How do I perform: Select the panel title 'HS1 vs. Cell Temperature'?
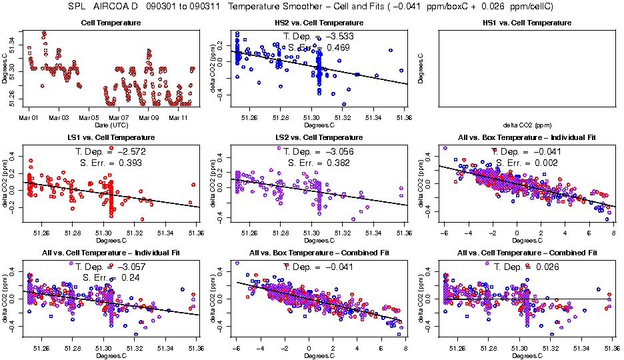click(x=527, y=23)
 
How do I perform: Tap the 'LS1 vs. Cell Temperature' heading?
click(x=111, y=137)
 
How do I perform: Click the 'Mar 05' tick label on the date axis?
click(x=89, y=118)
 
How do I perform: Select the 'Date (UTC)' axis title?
click(x=111, y=125)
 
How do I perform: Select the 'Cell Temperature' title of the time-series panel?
click(x=111, y=23)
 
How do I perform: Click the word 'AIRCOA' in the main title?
click(x=116, y=7)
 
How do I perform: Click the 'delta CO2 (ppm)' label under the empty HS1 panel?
click(x=527, y=125)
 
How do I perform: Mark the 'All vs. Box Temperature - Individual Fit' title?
click(x=527, y=137)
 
